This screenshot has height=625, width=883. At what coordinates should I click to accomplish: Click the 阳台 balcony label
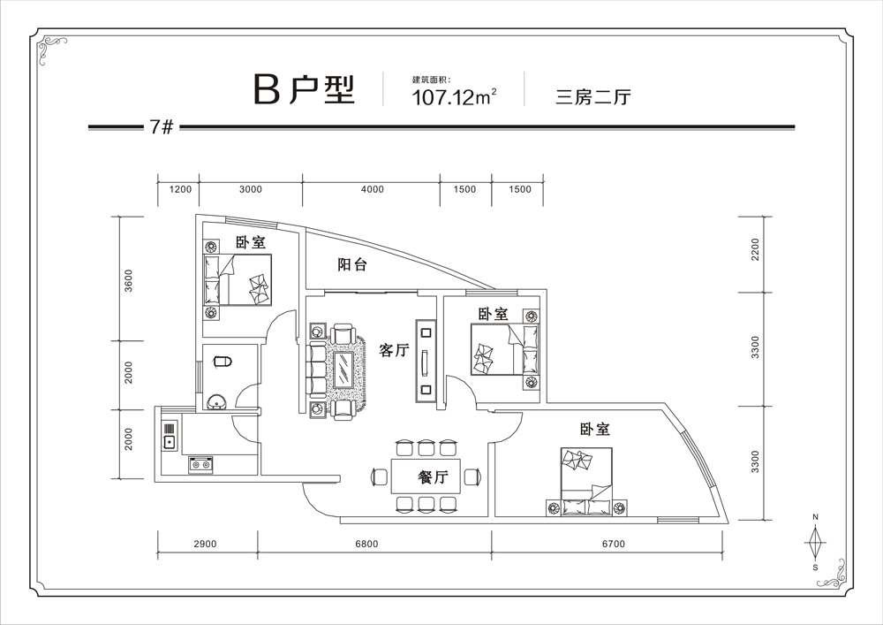click(352, 264)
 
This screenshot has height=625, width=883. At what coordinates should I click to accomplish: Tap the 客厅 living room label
click(394, 350)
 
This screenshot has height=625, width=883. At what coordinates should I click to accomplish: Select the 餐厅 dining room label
click(433, 477)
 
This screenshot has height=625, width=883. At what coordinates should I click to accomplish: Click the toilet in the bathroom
click(223, 361)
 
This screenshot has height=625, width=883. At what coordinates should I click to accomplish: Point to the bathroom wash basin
click(217, 402)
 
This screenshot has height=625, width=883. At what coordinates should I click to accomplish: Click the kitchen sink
click(170, 435)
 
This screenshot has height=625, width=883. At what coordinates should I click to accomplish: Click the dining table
click(426, 476)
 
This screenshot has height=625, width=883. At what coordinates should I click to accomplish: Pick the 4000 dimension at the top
click(373, 189)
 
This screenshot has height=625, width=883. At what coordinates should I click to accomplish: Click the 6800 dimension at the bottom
click(366, 544)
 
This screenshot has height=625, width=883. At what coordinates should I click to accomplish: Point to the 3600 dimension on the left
click(129, 280)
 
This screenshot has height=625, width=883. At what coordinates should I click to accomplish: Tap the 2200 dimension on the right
click(755, 249)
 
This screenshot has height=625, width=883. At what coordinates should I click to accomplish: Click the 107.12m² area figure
click(455, 97)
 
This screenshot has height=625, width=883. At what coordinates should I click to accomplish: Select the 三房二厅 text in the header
click(593, 97)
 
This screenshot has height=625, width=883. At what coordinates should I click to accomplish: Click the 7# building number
click(162, 127)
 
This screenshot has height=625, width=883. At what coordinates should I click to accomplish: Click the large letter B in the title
click(267, 89)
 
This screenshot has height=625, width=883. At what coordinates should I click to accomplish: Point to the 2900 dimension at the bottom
click(205, 544)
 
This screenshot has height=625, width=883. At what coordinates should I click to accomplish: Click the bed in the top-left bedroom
click(238, 279)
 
